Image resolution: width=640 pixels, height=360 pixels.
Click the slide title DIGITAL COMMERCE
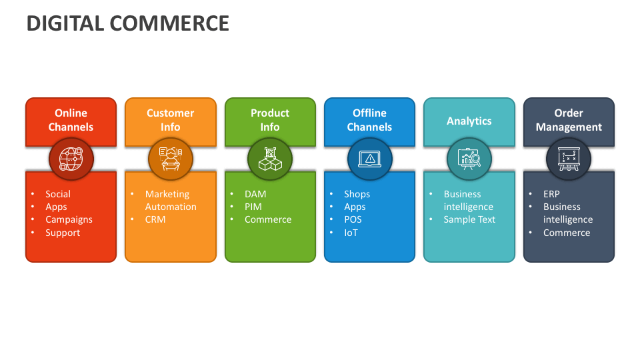127,23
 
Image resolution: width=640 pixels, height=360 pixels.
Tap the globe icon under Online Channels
71,159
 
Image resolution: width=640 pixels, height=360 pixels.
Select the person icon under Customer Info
171,159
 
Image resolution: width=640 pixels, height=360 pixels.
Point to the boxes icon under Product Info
270,159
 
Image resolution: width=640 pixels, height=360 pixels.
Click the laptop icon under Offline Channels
370,159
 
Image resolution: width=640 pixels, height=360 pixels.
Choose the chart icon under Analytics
469,159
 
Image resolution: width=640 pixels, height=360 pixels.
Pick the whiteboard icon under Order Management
569,159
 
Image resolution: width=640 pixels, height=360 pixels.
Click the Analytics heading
469,121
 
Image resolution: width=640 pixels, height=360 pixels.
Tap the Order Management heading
569,120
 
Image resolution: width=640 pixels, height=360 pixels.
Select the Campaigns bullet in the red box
69,219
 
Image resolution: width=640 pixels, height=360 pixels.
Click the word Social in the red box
58,194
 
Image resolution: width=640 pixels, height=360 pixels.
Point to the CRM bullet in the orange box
155,219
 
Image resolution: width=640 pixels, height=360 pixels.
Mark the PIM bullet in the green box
253,207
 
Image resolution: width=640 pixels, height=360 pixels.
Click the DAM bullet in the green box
255,194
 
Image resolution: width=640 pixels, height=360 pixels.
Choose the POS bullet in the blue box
353,219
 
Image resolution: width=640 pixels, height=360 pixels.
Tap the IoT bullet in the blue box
351,233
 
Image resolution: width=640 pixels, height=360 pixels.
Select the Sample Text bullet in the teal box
469,219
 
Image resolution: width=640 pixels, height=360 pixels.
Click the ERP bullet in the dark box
551,194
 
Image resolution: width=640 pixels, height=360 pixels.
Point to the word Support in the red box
63,233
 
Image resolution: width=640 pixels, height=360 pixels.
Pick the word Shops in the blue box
357,194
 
